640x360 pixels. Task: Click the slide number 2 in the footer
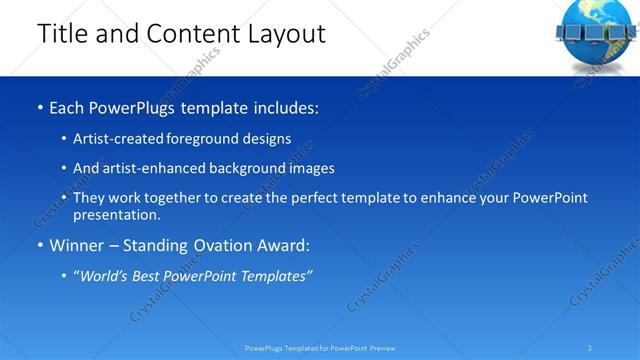click(x=590, y=348)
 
